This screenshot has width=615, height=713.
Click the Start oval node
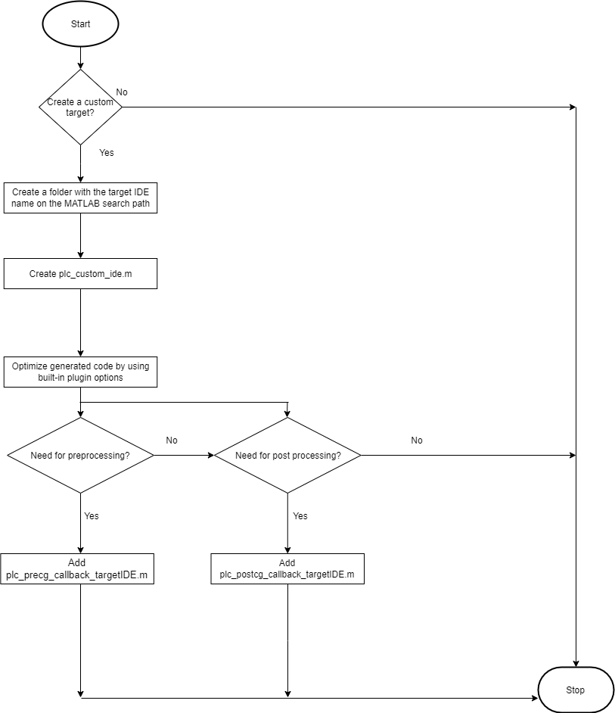click(x=80, y=24)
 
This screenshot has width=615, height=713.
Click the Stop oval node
click(x=575, y=690)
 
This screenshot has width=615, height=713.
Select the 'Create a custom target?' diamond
click(x=80, y=107)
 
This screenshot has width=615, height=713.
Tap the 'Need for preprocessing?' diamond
click(x=80, y=456)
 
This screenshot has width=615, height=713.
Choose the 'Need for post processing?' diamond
click(x=287, y=456)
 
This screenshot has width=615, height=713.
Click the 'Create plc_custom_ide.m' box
click(x=80, y=274)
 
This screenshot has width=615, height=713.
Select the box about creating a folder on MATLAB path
click(x=80, y=198)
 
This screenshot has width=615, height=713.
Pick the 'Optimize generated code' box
click(x=80, y=372)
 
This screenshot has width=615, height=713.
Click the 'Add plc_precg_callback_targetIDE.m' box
click(x=76, y=569)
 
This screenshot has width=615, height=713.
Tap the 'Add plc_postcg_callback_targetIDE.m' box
click(x=287, y=569)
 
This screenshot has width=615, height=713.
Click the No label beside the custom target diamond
click(x=122, y=92)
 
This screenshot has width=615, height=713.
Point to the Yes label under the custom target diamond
click(x=107, y=153)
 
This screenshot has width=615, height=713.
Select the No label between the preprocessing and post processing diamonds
click(x=172, y=441)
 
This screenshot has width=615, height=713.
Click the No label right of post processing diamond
click(x=417, y=441)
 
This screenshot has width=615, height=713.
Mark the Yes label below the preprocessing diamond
click(x=92, y=516)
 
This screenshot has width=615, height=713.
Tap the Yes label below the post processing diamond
click(x=300, y=516)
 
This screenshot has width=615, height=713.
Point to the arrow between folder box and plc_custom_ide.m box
click(x=80, y=236)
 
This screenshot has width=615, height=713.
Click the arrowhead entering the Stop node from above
click(x=576, y=662)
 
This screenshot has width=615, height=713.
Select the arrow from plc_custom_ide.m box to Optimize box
click(x=80, y=322)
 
